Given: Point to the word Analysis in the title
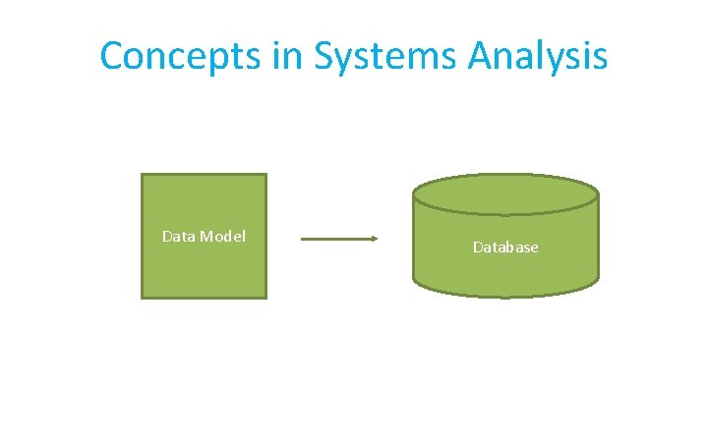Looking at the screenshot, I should point(538,57).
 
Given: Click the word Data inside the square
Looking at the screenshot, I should point(178,236).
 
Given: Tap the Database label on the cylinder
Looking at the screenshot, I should point(505,248).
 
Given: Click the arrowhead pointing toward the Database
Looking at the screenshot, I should point(374,239).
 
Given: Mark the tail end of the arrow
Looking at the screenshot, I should point(302,239).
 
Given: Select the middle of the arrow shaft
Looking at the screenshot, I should point(338,239).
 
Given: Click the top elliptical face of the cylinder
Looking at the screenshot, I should point(505,193).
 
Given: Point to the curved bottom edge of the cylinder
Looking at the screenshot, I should point(505,295).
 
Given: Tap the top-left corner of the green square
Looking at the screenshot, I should point(143,175).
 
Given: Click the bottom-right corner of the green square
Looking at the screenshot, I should point(265,297).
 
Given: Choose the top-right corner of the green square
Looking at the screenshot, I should point(265,175).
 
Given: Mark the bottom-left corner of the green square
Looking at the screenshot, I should point(143,297).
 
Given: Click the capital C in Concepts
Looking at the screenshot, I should point(113,56).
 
